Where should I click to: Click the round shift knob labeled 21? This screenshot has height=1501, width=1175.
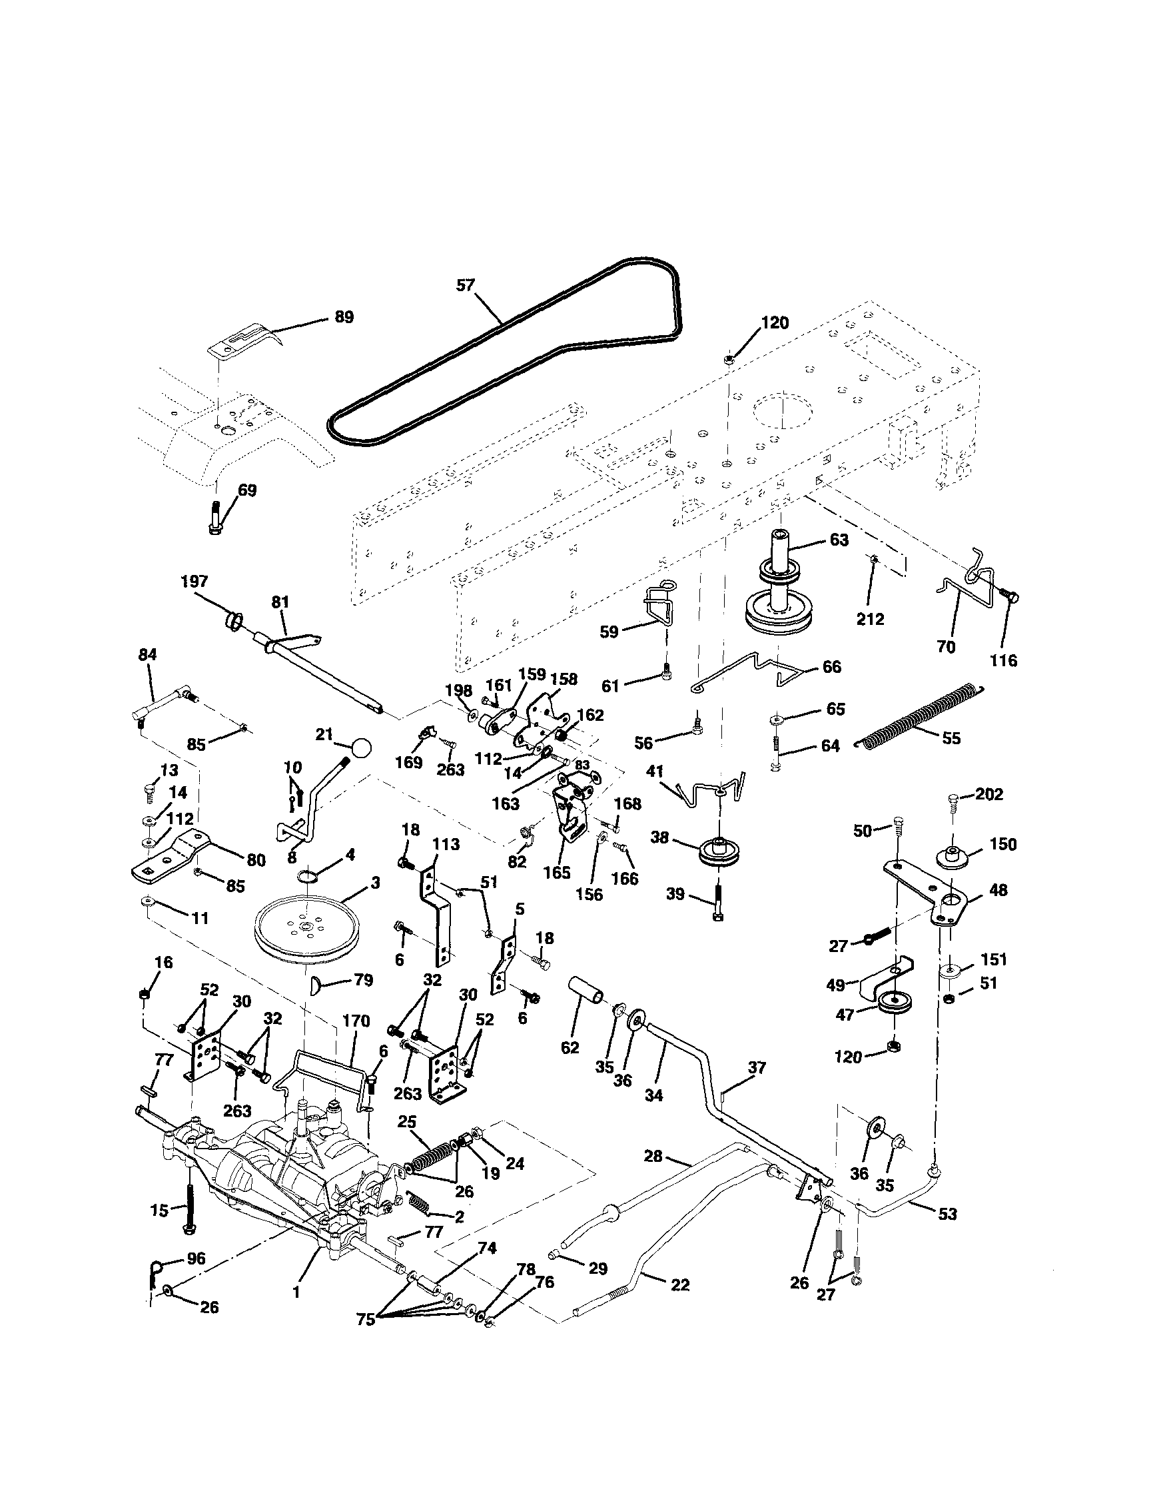[362, 747]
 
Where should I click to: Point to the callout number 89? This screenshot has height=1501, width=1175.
[343, 317]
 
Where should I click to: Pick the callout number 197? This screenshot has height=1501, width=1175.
[194, 582]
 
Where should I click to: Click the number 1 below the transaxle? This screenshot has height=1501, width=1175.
[296, 1292]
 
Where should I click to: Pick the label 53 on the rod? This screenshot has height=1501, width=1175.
[947, 1214]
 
